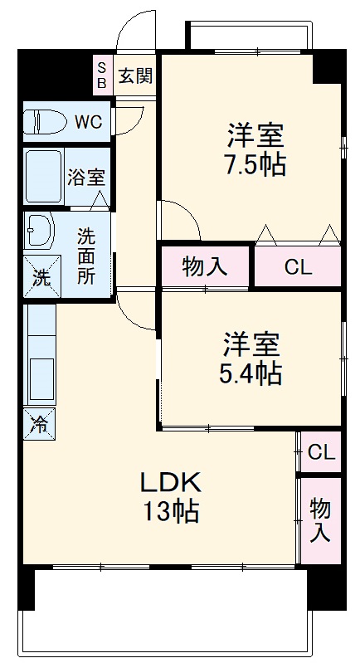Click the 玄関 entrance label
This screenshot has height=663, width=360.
[x=134, y=76]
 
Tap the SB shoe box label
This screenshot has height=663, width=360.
[x=102, y=76]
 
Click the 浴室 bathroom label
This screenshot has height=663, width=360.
[x=86, y=177]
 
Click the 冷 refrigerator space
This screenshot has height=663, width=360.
[x=39, y=425]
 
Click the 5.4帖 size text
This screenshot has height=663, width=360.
[x=251, y=373]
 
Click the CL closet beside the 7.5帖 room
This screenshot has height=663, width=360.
[x=298, y=267]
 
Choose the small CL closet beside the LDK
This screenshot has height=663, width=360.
[x=321, y=452]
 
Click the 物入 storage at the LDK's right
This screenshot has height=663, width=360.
[x=320, y=520]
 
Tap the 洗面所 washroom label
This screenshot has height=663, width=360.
[x=86, y=256]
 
